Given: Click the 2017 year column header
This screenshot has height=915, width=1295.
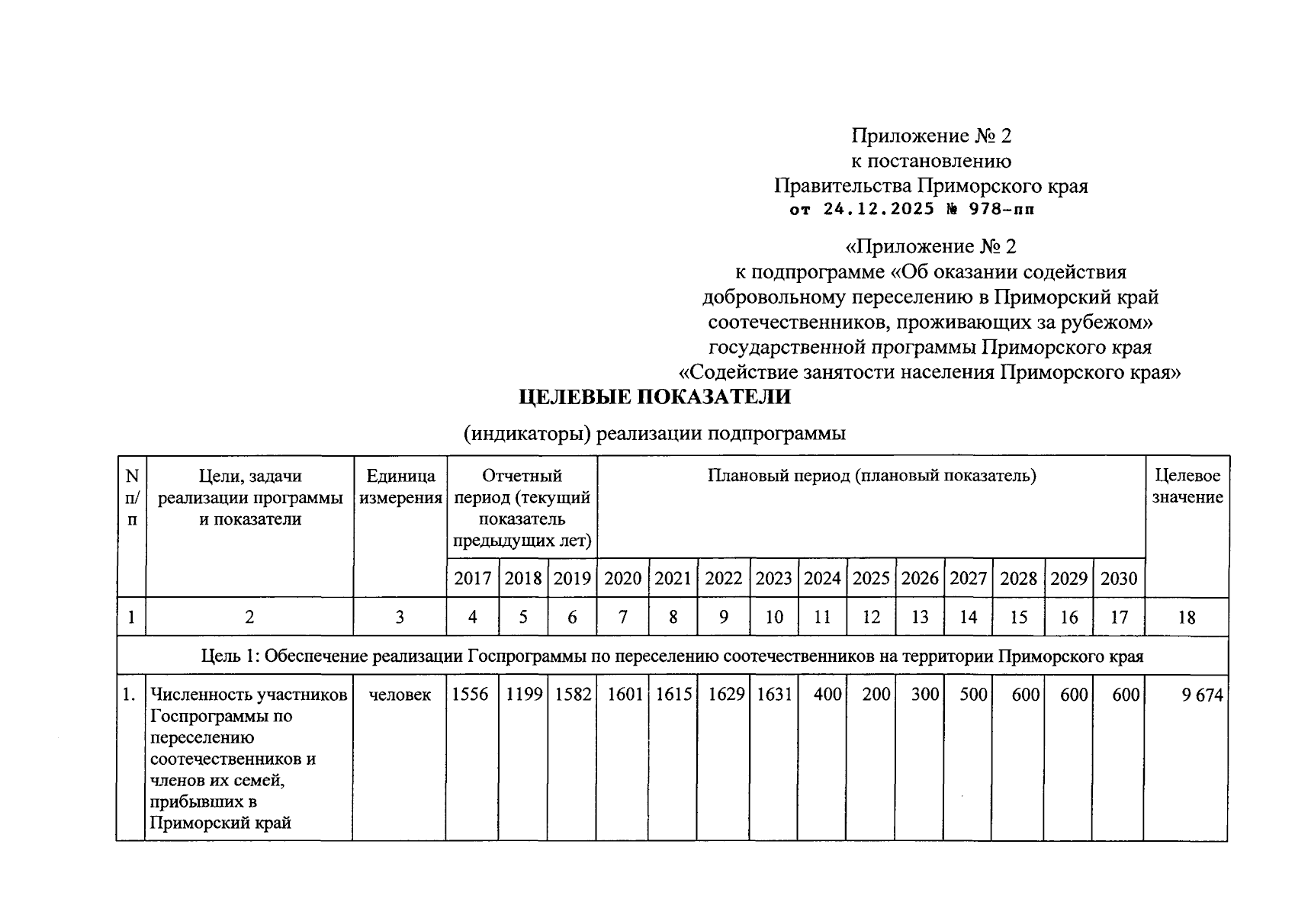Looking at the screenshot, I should click(473, 579).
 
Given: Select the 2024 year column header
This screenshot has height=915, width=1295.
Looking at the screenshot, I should click(822, 579).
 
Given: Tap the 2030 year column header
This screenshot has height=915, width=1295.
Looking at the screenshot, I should click(1119, 579).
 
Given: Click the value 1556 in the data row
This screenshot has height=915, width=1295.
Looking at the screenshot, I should click(470, 695).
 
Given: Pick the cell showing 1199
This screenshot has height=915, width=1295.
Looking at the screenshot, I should click(523, 695).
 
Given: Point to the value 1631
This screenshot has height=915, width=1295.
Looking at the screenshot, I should click(773, 695).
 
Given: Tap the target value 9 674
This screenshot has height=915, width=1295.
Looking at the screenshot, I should click(1202, 695).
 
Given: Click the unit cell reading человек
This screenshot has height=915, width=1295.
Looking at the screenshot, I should click(400, 695).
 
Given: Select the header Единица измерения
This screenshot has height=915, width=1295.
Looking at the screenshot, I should click(400, 487).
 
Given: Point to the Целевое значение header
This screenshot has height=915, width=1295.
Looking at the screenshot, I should click(1187, 487).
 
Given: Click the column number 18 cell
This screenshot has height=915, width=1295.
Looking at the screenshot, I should click(1187, 617).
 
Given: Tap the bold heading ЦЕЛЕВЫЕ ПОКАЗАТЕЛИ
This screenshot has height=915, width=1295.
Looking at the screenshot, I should click(654, 397).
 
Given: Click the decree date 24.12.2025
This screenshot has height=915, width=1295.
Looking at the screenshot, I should click(879, 210).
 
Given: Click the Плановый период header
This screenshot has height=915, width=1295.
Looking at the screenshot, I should click(871, 477).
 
